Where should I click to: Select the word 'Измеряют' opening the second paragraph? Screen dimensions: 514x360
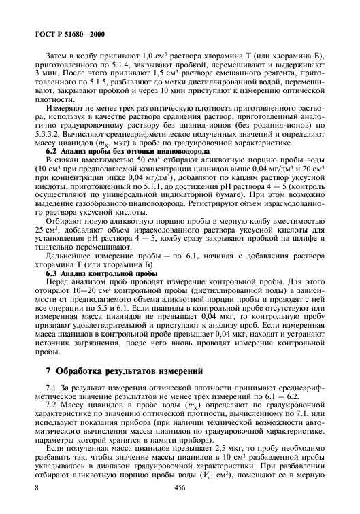pos(62,107)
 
